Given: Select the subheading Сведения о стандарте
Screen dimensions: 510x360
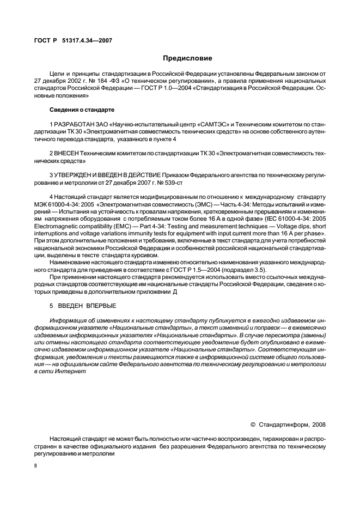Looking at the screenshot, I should point(82,110).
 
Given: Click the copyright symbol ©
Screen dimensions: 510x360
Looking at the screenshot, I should point(252,423).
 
